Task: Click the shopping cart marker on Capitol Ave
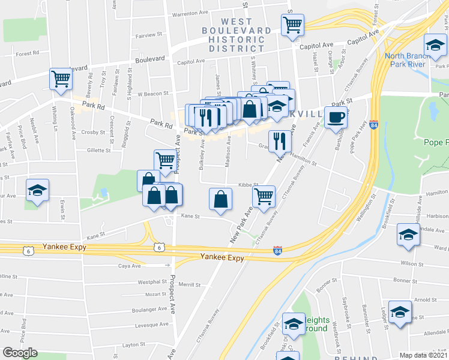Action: click(292, 25)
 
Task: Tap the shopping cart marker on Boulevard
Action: click(61, 79)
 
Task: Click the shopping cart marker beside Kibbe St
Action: click(264, 196)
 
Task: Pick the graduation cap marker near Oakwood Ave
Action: click(37, 191)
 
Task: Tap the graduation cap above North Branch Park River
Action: click(435, 45)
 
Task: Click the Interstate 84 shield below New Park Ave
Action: click(277, 249)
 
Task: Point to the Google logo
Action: click(19, 353)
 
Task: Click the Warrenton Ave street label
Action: click(176, 13)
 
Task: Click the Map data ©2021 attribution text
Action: click(424, 355)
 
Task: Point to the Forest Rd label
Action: click(27, 53)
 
